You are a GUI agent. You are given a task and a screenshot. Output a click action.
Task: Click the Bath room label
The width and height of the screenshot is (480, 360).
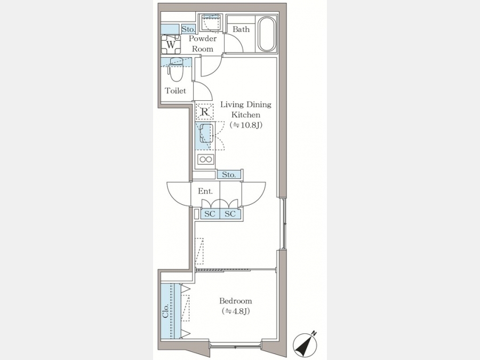241,29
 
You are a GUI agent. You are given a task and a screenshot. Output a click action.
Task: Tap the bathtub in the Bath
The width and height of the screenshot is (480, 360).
267,34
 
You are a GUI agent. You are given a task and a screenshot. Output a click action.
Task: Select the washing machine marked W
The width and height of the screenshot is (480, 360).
171,44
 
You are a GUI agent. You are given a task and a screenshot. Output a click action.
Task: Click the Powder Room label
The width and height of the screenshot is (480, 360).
202,44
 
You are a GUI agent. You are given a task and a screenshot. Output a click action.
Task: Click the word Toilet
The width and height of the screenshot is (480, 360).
175,91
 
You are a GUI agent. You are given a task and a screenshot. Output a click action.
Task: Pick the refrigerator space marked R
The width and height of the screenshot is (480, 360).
205,112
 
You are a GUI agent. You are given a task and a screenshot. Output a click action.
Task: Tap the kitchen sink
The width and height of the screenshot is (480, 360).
206,133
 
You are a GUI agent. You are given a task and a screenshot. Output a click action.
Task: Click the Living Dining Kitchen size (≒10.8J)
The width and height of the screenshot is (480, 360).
246,125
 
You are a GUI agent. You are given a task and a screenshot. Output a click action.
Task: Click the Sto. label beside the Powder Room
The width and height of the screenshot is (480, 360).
188,29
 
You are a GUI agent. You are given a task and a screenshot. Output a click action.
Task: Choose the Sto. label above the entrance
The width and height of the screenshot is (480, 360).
229,175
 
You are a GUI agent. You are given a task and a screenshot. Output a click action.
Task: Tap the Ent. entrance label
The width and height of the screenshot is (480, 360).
205,191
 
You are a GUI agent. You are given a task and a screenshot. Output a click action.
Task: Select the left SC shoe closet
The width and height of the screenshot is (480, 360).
210,214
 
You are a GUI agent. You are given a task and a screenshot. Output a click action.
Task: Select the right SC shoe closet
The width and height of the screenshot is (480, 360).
230,214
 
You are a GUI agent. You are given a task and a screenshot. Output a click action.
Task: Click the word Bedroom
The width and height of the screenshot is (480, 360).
235,301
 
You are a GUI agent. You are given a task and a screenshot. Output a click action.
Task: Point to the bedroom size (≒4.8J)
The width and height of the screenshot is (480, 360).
236,311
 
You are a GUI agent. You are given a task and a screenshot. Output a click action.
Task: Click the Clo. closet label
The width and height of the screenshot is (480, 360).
166,311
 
